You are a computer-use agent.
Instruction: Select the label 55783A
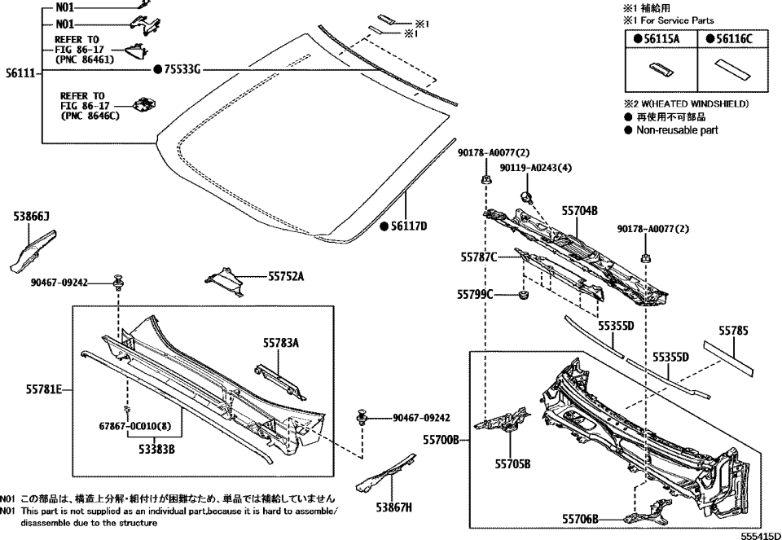click(x=281, y=344)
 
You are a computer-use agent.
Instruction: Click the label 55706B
click(x=580, y=519)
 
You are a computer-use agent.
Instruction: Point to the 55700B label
click(x=442, y=441)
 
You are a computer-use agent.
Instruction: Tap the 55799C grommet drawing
click(x=525, y=294)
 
